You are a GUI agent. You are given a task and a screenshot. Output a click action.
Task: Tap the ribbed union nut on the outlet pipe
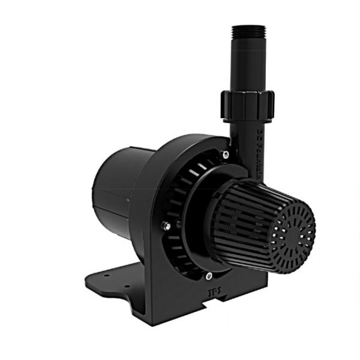pos(247,106)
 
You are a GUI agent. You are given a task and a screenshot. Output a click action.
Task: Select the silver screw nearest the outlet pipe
pos(225,155)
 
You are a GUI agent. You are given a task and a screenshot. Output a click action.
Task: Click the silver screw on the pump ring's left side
pos(166,226)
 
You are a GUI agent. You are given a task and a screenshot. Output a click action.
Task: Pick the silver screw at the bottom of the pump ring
pos(208,276)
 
